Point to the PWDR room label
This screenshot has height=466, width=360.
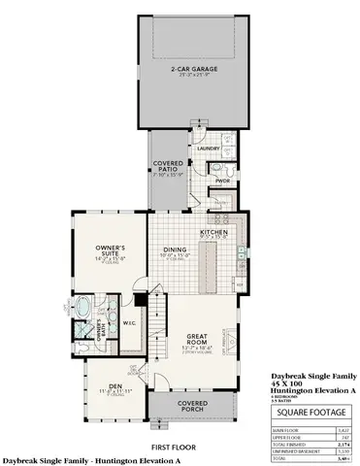point(221,181)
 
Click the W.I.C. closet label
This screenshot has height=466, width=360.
point(129,324)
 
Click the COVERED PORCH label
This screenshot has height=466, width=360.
point(190,407)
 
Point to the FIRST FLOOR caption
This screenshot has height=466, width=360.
point(180,449)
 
